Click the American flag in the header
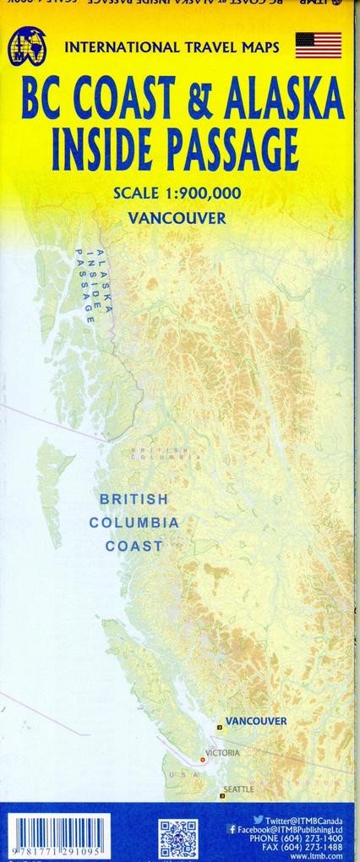point(318,45)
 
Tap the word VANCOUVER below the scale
point(177,218)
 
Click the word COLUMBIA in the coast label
point(134,522)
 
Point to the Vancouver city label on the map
point(257,721)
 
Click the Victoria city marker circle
point(202,759)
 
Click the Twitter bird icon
point(258,820)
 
